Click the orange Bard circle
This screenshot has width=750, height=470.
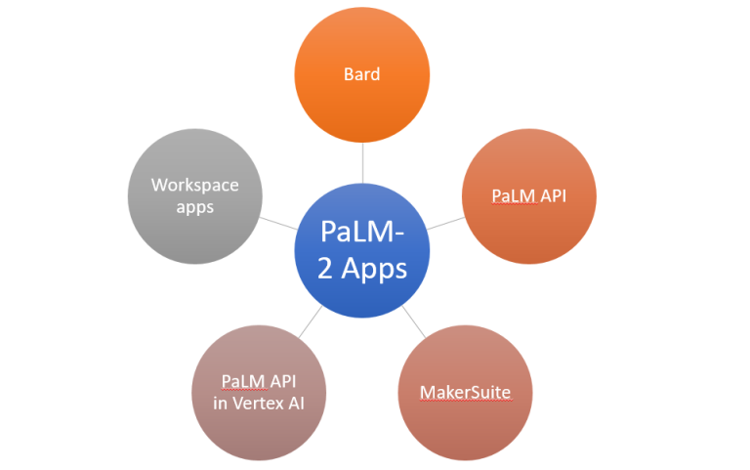click(362, 74)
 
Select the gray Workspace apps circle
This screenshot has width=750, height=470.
click(195, 195)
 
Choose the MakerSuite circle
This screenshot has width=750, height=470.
click(465, 393)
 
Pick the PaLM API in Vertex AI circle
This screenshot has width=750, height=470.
click(260, 393)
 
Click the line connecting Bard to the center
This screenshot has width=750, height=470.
click(362, 162)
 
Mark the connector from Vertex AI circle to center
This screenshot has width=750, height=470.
click(311, 324)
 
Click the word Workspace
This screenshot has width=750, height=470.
click(195, 185)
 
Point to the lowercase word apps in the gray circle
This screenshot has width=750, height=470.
click(195, 207)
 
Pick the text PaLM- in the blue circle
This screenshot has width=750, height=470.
click(362, 234)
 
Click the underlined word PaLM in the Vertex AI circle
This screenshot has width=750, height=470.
click(241, 381)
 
